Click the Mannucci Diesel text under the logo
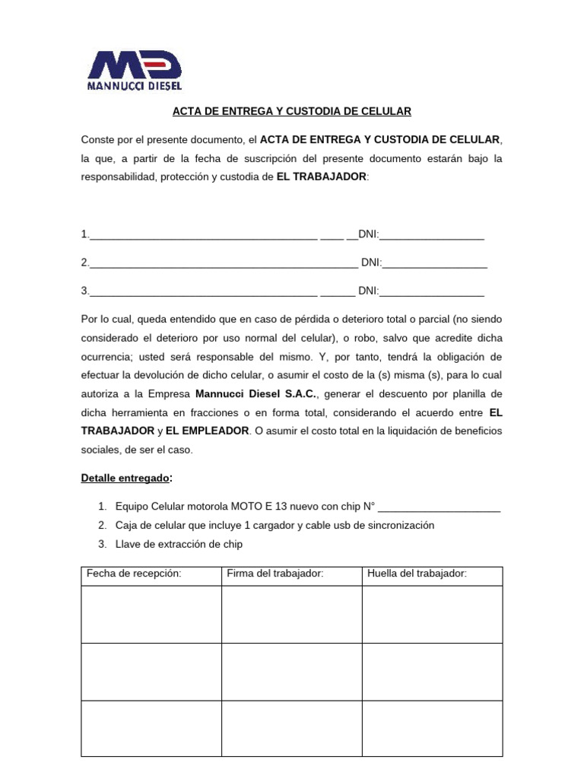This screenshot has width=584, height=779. click(135, 86)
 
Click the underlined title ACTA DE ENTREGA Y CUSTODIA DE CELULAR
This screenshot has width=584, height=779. click(291, 111)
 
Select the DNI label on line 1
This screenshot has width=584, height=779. click(368, 234)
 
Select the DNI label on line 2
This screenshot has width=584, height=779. click(371, 262)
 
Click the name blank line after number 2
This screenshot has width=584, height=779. click(224, 263)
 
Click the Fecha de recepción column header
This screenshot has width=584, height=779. click(134, 574)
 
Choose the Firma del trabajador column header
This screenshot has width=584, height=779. click(275, 574)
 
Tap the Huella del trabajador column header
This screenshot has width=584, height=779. click(417, 574)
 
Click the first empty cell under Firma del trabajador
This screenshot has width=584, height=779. click(291, 614)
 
